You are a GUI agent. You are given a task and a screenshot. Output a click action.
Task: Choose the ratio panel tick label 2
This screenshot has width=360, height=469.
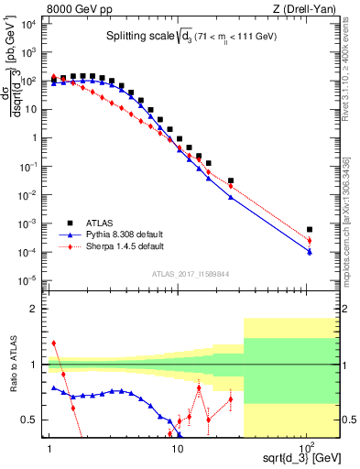34,309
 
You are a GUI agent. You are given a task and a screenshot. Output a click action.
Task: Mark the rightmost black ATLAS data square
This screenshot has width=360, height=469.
310,229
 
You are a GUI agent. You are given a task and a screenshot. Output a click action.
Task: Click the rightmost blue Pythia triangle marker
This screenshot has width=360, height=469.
310,252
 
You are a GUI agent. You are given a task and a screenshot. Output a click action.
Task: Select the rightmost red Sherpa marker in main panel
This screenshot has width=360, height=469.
310,241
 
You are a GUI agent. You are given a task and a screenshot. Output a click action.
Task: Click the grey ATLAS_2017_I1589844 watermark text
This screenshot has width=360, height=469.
190,273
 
